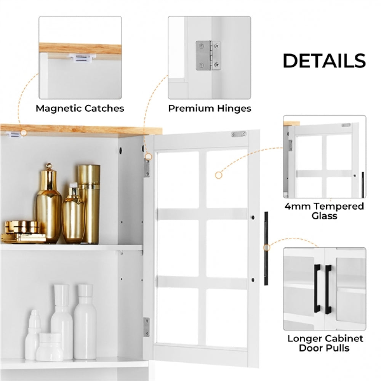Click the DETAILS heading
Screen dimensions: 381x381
tap(324, 61)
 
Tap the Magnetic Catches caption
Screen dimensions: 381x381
tap(80, 108)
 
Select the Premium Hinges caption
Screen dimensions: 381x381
tap(210, 108)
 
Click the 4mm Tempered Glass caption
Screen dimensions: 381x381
tap(324, 211)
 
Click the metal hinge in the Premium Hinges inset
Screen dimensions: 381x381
tap(208, 56)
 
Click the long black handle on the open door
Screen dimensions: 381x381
tap(266, 248)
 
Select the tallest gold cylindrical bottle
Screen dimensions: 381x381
tap(89, 204)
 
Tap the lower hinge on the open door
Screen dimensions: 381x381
tap(147, 327)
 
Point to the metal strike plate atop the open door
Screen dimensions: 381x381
tap(239, 134)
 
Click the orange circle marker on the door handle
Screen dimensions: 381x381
tap(266, 248)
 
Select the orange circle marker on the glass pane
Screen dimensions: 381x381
tap(218, 175)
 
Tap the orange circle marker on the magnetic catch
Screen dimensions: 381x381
tap(24, 133)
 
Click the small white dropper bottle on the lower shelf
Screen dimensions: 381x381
tap(33, 333)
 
